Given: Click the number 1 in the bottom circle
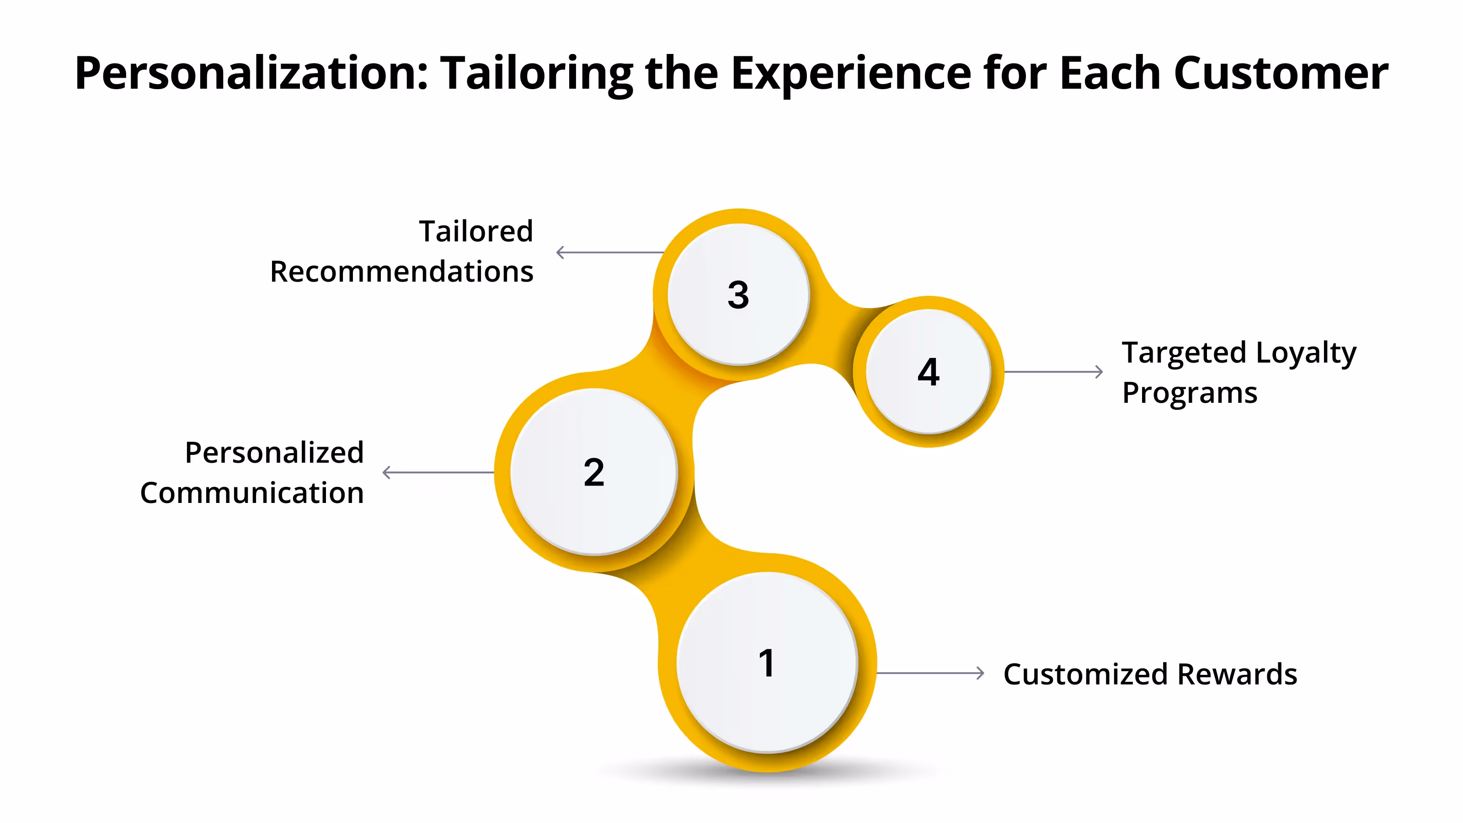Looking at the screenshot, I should coord(766,663).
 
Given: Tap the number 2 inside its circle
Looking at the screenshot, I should coord(593,472).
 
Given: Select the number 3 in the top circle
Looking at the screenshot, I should coord(738,295).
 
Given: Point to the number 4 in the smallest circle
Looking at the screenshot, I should coord(928,372).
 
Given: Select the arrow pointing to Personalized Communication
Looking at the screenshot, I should coord(438,472).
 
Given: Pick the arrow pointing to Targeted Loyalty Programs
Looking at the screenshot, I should coord(1053,372).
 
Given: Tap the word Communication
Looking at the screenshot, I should coord(251,492).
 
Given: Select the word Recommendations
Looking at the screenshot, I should coord(401,272).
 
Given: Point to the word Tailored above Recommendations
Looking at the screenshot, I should coord(475,231).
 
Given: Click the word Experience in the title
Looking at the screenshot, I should coord(851,74).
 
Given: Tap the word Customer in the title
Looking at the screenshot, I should coord(1280,74).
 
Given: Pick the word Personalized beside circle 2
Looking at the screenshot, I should coord(274,453).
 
